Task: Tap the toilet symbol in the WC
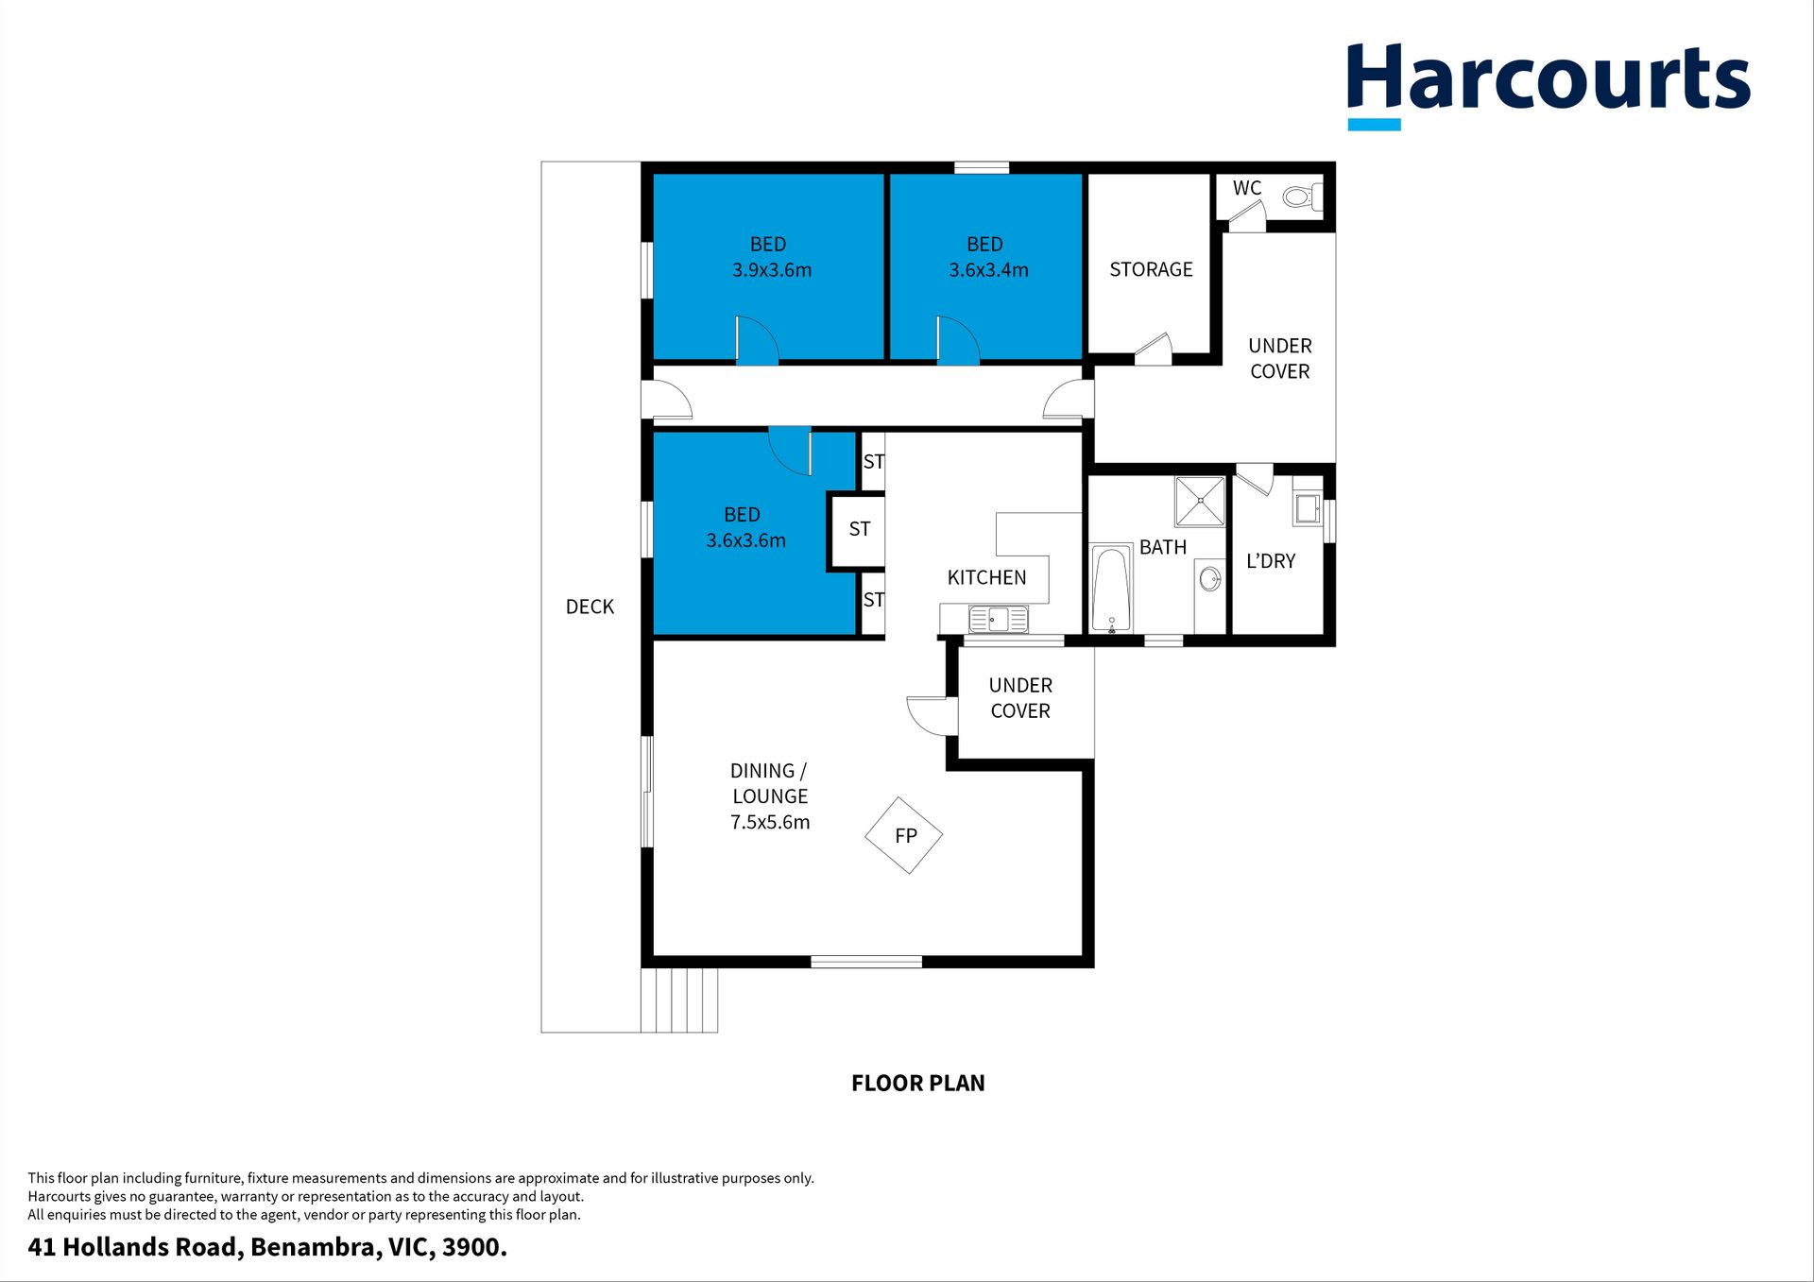[x=1302, y=197]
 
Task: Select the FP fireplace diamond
[x=904, y=835]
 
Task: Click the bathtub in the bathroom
[x=1111, y=588]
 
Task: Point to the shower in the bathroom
[x=1200, y=501]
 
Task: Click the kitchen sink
[x=999, y=620]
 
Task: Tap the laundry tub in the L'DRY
[x=1308, y=508]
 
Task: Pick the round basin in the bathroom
[x=1209, y=578]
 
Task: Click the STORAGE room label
[x=1151, y=269]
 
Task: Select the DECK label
[x=590, y=607]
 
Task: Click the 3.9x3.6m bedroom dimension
[x=772, y=270]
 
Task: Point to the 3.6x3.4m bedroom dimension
[x=988, y=270]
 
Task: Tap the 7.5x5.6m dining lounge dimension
[x=770, y=822]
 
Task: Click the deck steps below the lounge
[x=679, y=1000]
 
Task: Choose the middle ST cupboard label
[x=860, y=529]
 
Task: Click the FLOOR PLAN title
[x=917, y=1083]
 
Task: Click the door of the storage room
[x=1154, y=349]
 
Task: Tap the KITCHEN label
[x=986, y=577]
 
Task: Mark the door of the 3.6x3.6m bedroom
[x=790, y=451]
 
